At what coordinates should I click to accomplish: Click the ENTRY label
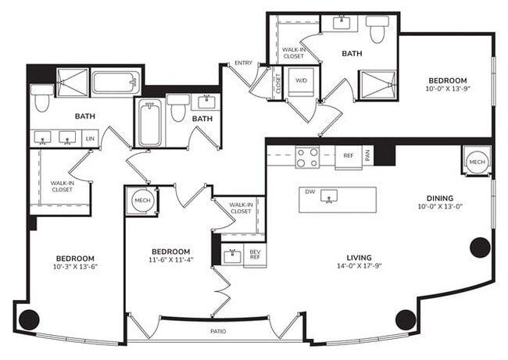tap(243, 63)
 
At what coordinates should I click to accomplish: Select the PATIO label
tap(218, 332)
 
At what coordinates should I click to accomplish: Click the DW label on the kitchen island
tap(309, 191)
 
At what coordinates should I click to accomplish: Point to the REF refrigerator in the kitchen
tap(349, 155)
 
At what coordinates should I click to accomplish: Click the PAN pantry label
tap(367, 155)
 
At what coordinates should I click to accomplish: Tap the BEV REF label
tap(254, 255)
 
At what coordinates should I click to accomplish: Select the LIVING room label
tap(360, 258)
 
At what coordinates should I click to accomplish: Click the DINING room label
tap(440, 198)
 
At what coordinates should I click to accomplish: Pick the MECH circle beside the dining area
tap(476, 161)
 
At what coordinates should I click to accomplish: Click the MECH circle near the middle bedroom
tap(141, 201)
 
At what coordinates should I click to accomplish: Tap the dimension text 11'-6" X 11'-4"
tap(169, 261)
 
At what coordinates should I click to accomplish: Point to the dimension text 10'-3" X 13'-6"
tap(75, 267)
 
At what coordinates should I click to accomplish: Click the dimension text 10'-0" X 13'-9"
tap(447, 89)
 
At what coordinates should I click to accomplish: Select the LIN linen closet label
tap(90, 139)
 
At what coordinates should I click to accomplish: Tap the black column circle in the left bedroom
tap(29, 318)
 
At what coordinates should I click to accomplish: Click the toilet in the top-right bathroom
tap(378, 29)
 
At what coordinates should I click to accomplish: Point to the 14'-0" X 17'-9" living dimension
tap(360, 267)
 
